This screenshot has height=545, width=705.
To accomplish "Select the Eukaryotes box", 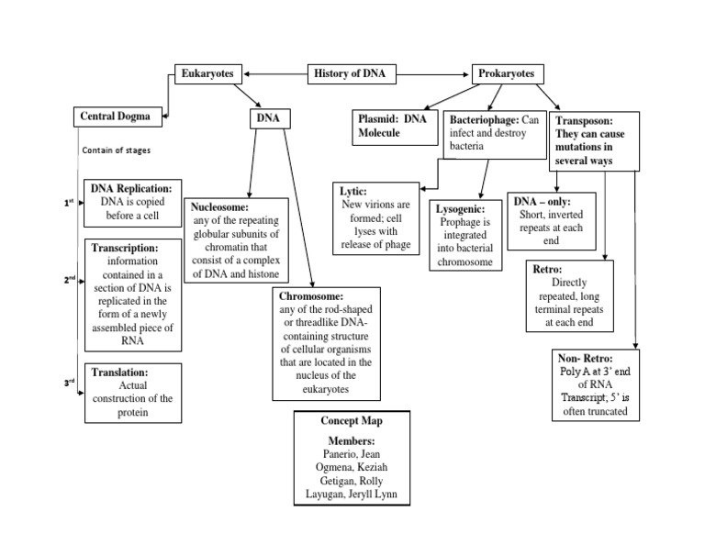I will coord(209,73).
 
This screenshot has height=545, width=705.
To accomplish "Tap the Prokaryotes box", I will coord(508,73).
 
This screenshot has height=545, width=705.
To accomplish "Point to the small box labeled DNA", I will coord(270,118).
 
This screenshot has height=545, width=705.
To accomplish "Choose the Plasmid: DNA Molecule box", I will coord(395,127).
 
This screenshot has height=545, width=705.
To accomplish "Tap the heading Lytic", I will coord(353,191).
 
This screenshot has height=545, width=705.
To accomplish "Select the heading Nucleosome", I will coord(220,207).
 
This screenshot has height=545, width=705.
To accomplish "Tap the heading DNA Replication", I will coord(131,187).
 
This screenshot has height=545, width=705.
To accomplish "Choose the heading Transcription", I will coord(125,248).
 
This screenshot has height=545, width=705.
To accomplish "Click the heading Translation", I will coord(119,373).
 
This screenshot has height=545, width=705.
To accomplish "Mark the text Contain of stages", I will coord(117,150).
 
